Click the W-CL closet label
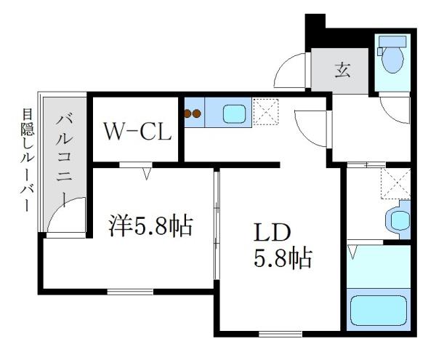click(x=137, y=132)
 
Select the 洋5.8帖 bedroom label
click(x=151, y=226)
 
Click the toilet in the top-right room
click(x=392, y=58)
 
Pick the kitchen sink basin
click(x=234, y=115)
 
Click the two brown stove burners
click(x=194, y=113)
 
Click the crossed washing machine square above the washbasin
click(x=395, y=184)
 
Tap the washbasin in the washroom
click(x=398, y=219)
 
